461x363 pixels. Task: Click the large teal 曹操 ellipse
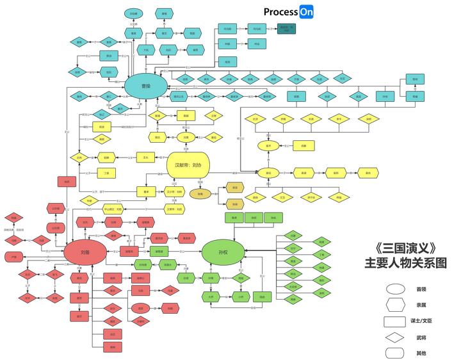tap(146, 86)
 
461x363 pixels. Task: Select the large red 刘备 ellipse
tap(85, 252)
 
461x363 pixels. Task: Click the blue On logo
tap(306, 12)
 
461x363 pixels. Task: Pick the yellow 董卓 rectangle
tap(146, 191)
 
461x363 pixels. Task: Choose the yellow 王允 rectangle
tap(145, 157)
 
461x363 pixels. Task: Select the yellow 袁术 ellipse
tap(269, 146)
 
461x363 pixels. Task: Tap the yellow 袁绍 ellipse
tap(269, 173)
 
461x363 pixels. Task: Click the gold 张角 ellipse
tap(200, 193)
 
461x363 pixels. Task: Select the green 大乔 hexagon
tap(210, 297)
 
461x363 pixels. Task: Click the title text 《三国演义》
tap(405, 246)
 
